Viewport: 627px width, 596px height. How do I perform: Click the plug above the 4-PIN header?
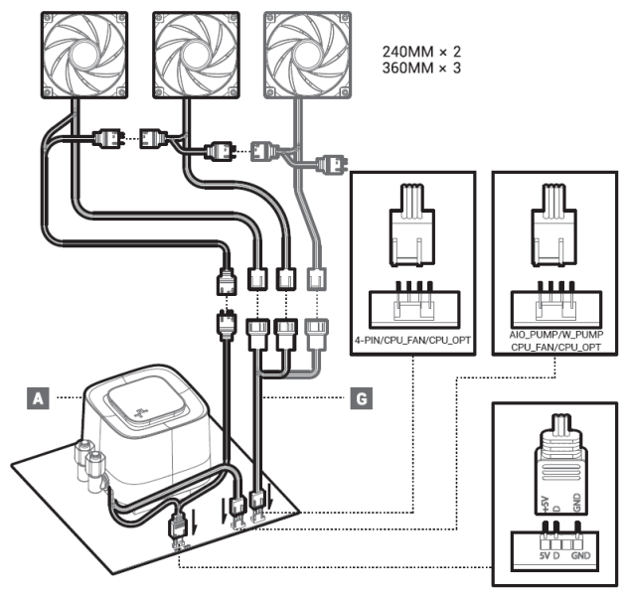click(x=413, y=234)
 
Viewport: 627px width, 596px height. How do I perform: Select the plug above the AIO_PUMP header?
click(x=552, y=234)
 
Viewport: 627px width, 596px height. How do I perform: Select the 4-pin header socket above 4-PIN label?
click(x=413, y=303)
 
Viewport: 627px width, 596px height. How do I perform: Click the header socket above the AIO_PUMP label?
click(x=552, y=302)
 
